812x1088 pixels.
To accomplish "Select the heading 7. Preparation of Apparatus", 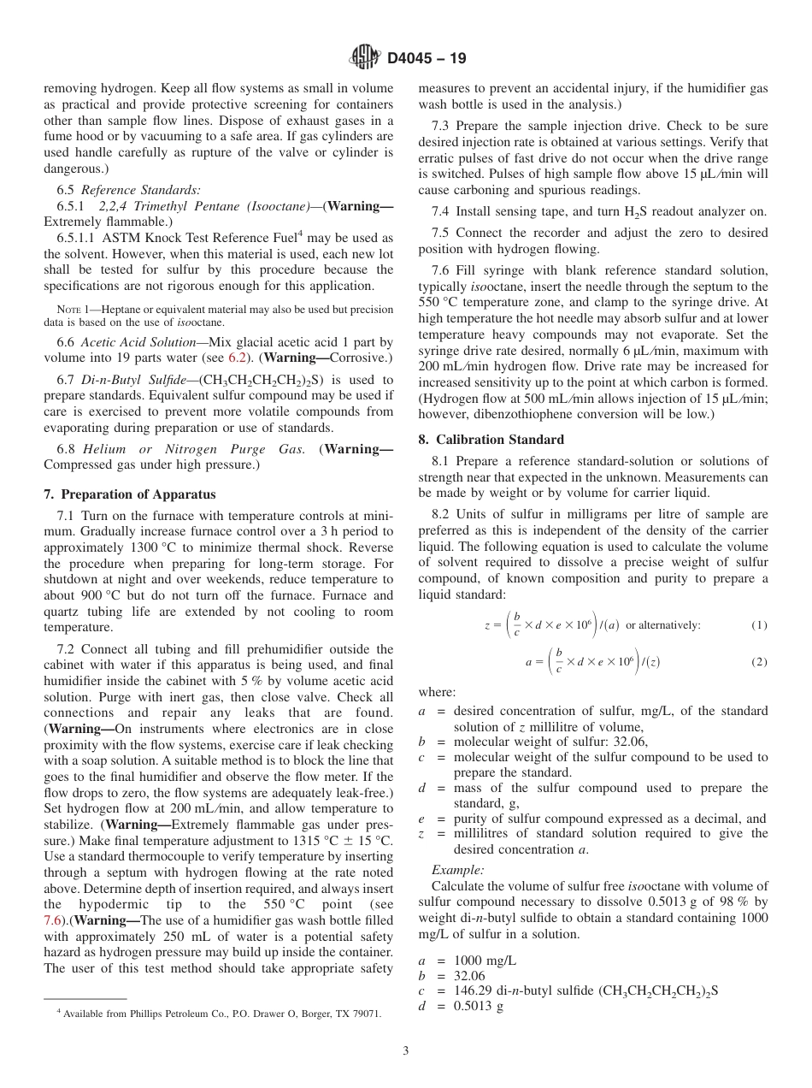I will pyautogui.click(x=130, y=494).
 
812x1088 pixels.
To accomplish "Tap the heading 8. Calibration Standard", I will pyautogui.click(x=491, y=440).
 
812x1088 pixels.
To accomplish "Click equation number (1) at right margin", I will pyautogui.click(x=759, y=625).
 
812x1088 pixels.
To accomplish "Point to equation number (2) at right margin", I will pyautogui.click(x=759, y=662).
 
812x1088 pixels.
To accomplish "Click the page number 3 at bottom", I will pyautogui.click(x=405, y=1050).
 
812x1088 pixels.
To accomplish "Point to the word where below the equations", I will pyautogui.click(x=437, y=692).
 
